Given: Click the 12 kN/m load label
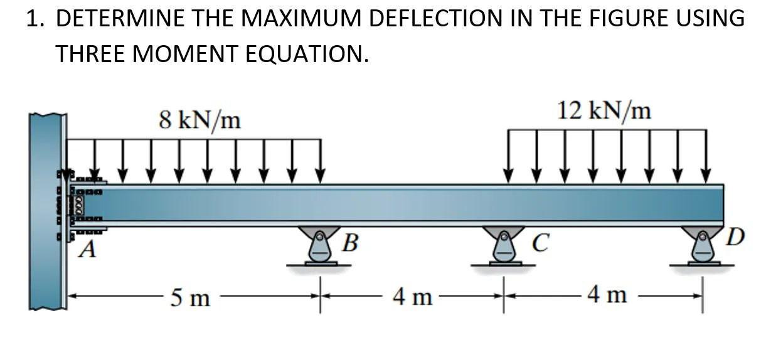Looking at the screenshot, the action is click(x=604, y=111).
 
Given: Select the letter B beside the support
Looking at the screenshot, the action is click(x=352, y=242).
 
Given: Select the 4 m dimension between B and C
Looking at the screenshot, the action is click(x=412, y=295).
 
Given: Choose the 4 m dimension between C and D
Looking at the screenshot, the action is click(x=606, y=294).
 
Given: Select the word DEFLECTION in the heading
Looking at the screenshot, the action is click(x=439, y=18).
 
